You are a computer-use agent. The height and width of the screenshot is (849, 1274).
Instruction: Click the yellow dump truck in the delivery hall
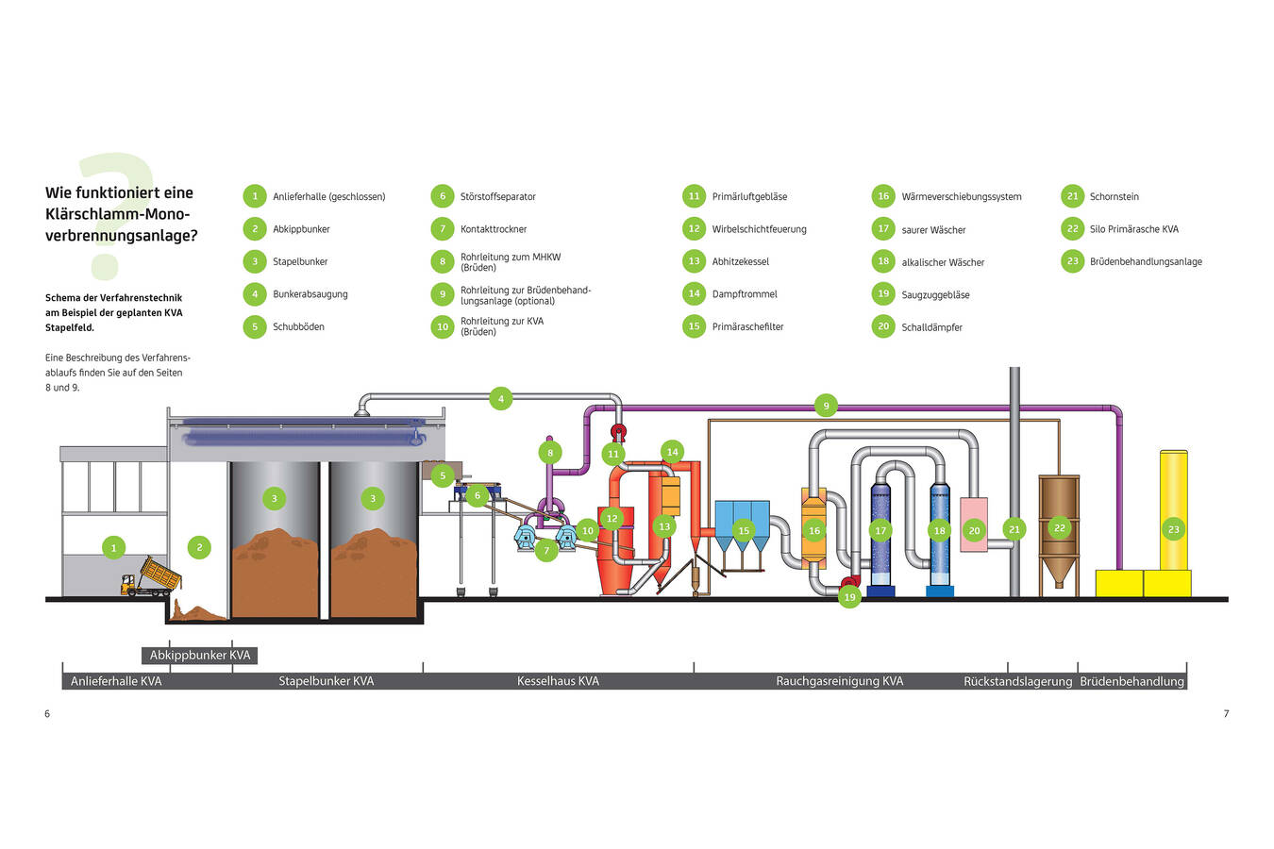click(x=151, y=578)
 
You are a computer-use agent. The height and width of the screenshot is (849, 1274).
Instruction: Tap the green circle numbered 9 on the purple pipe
click(x=826, y=407)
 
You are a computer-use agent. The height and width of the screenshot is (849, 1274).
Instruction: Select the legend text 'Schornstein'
click(x=1114, y=197)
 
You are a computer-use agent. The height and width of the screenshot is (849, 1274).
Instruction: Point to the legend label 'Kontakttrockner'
click(x=494, y=229)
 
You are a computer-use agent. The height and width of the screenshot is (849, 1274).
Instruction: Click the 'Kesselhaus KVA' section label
click(x=558, y=681)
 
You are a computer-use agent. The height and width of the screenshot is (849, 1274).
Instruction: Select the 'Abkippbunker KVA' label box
click(x=200, y=656)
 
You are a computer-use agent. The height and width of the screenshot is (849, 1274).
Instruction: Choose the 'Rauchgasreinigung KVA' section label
click(x=839, y=681)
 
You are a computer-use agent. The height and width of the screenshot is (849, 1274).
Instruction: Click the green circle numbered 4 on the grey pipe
click(x=501, y=399)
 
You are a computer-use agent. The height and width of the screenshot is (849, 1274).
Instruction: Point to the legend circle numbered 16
click(x=883, y=196)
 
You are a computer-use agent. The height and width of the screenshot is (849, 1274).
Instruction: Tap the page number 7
click(x=1226, y=714)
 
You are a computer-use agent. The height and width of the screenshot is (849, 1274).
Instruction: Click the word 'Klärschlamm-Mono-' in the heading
click(x=118, y=214)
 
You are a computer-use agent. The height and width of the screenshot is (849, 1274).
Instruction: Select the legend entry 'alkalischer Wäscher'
click(x=943, y=262)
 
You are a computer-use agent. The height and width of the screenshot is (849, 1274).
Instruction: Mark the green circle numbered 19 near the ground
click(x=849, y=596)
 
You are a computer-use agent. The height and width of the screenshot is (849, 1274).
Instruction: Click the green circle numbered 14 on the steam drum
click(x=672, y=452)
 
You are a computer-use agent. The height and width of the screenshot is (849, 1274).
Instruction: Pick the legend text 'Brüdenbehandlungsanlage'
click(x=1146, y=262)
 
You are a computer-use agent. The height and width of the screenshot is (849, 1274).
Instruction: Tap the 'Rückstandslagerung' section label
click(x=1017, y=681)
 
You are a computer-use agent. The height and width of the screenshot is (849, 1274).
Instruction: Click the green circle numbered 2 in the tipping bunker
click(x=199, y=547)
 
